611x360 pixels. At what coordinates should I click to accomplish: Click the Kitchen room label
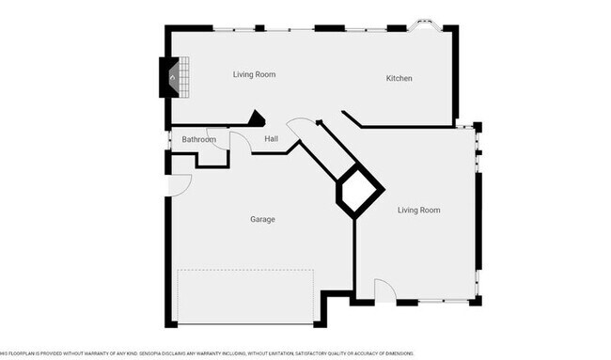[399, 78]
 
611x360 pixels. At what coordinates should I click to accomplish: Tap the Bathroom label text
[198, 140]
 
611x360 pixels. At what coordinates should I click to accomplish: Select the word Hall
[271, 140]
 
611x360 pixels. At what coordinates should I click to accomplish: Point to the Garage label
[262, 219]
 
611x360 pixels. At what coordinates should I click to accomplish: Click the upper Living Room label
[254, 74]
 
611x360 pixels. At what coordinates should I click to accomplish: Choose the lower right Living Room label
[418, 210]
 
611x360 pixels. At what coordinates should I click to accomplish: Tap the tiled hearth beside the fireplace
[184, 77]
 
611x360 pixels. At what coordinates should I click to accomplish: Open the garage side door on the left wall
[180, 183]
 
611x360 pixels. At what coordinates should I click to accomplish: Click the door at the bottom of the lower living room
[384, 291]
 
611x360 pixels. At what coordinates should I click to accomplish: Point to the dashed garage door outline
[245, 297]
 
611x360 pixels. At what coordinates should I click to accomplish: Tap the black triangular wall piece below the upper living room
[255, 118]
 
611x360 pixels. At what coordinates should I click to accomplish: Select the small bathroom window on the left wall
[167, 141]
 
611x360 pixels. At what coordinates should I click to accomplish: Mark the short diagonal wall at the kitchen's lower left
[351, 118]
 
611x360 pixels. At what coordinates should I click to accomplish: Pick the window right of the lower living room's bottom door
[445, 302]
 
